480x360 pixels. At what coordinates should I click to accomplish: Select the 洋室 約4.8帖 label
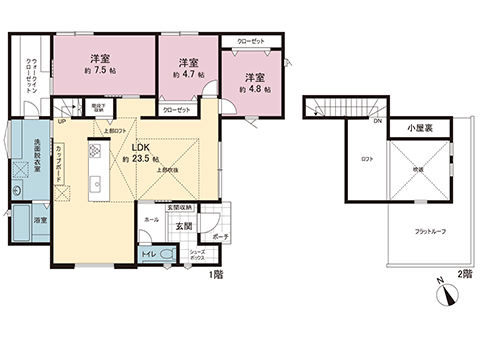[x=254, y=83]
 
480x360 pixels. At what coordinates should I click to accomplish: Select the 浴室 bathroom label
[x=39, y=218]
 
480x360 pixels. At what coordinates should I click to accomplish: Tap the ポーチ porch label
[x=221, y=236]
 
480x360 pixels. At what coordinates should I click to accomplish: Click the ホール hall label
[x=151, y=218]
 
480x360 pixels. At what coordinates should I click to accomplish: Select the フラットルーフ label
[x=431, y=231]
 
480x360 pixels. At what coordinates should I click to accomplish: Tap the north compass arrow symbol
[x=450, y=295]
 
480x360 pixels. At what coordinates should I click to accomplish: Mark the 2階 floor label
[x=463, y=273]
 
